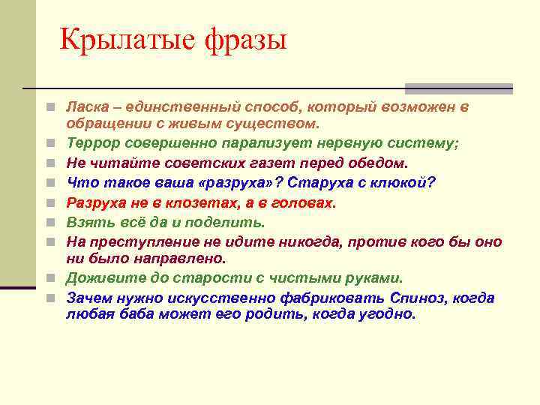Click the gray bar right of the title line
pyautogui.click(x=458, y=88)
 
